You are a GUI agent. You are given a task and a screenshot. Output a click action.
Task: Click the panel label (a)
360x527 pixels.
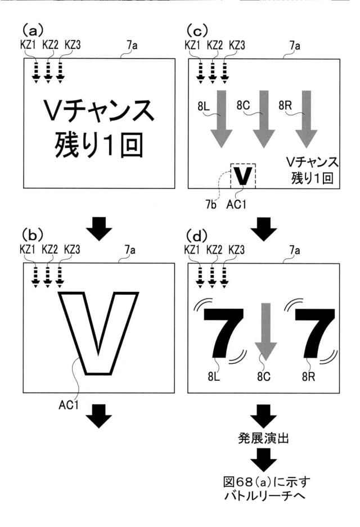[x=33, y=31]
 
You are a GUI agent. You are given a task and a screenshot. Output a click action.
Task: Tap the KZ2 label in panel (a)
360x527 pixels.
[x=51, y=44]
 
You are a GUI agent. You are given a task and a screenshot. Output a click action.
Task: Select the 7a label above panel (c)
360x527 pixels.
[x=294, y=46]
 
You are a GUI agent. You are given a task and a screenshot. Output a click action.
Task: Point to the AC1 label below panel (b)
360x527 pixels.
[x=69, y=405]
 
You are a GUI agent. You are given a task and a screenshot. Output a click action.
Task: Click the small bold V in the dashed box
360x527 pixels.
[x=242, y=176]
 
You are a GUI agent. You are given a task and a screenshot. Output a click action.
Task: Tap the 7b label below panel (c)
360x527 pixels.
[x=211, y=204]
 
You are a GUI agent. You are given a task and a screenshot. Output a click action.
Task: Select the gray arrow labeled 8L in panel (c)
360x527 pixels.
[x=221, y=119]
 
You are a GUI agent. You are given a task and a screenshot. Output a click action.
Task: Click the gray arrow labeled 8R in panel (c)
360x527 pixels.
[x=306, y=119]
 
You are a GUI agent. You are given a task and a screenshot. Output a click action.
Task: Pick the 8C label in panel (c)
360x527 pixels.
[x=243, y=106]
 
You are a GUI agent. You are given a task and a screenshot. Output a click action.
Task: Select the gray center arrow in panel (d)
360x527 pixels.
[x=265, y=332]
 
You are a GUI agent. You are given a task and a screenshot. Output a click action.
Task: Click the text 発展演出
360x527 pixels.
[x=263, y=438]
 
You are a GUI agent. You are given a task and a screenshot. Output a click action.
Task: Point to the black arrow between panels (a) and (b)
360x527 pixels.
[x=99, y=228]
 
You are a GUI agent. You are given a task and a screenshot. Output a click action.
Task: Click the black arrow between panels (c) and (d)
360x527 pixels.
[x=263, y=228]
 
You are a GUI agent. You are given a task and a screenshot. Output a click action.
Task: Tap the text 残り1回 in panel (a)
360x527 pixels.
[x=99, y=146]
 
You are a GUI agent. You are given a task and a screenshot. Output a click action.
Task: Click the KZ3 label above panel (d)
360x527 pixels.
[x=237, y=250]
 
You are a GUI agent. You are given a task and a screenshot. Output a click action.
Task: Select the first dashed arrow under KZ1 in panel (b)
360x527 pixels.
[x=35, y=278]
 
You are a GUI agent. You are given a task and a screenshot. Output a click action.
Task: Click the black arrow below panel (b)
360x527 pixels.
[x=99, y=416]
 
